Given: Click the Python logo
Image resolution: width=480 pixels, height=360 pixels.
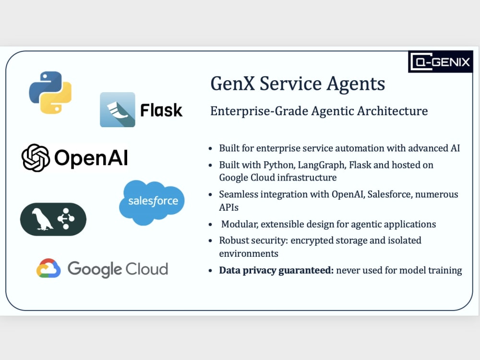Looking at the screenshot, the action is point(50,93).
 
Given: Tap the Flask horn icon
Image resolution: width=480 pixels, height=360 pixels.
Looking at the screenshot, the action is point(118,109).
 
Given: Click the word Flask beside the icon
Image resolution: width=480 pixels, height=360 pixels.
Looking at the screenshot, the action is point(161,110).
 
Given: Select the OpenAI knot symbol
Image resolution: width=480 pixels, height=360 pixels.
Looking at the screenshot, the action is point(36,157).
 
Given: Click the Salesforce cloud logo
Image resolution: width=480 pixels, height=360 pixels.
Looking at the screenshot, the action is point(152,203).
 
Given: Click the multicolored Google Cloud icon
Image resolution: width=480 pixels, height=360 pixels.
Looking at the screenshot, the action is point(48,268).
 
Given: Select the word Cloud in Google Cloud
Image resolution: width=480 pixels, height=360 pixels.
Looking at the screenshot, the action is point(147,269).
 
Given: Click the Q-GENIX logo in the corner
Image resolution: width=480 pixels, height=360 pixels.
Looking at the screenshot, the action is point(441,62).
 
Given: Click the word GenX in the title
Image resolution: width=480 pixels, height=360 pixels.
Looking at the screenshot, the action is point(233,84).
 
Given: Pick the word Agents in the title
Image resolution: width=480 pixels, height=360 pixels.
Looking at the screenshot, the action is point(356,84).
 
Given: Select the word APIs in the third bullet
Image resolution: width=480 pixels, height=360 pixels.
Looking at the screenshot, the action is point(228,207).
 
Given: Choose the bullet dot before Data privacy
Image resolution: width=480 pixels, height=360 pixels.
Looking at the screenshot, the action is point(210,271).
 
